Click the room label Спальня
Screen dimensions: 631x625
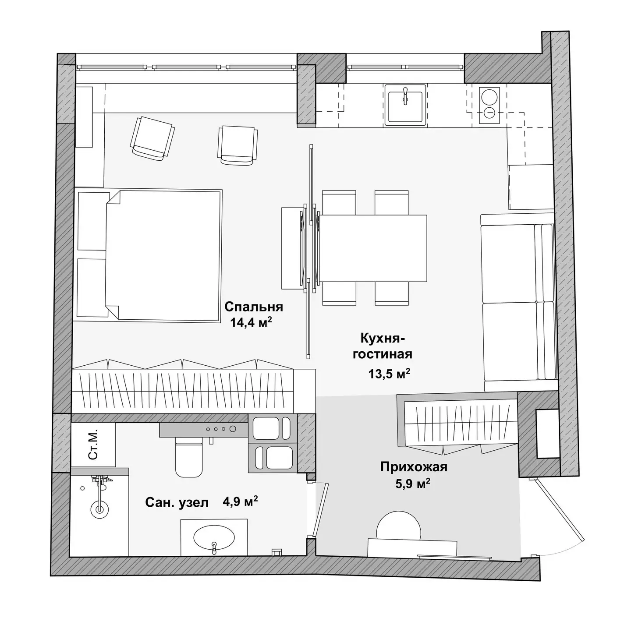(253, 307)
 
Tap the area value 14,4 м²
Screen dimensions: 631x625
(251, 322)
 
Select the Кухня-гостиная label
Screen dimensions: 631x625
(383, 346)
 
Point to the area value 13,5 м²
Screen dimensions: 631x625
(390, 373)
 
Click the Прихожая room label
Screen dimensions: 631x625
(414, 467)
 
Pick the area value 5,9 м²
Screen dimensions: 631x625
(413, 483)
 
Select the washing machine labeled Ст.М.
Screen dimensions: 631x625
(93, 445)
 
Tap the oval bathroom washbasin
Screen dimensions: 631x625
(214, 537)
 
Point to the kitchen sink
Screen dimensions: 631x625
(405, 105)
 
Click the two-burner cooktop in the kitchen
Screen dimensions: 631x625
(489, 105)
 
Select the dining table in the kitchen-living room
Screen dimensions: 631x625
(373, 248)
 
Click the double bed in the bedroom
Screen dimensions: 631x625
(163, 256)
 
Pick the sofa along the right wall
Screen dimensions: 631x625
(519, 302)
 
